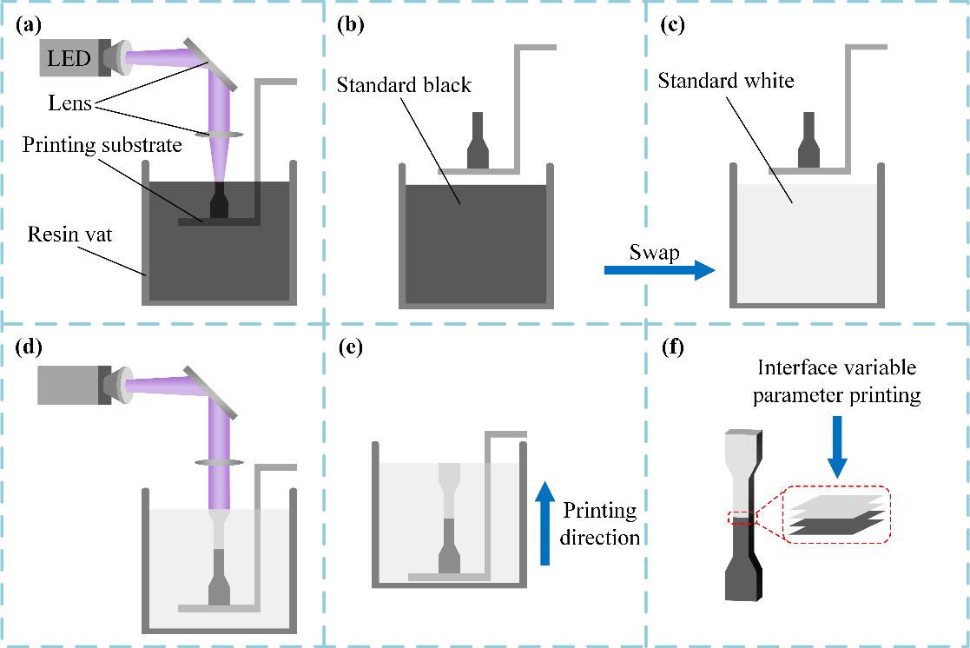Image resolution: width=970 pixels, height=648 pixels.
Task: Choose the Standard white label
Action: tap(726, 82)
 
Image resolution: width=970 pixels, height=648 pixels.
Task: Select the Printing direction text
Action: tap(599, 523)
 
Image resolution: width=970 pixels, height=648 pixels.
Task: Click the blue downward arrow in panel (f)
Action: tap(836, 446)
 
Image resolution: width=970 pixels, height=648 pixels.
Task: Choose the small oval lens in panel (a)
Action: tap(217, 135)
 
